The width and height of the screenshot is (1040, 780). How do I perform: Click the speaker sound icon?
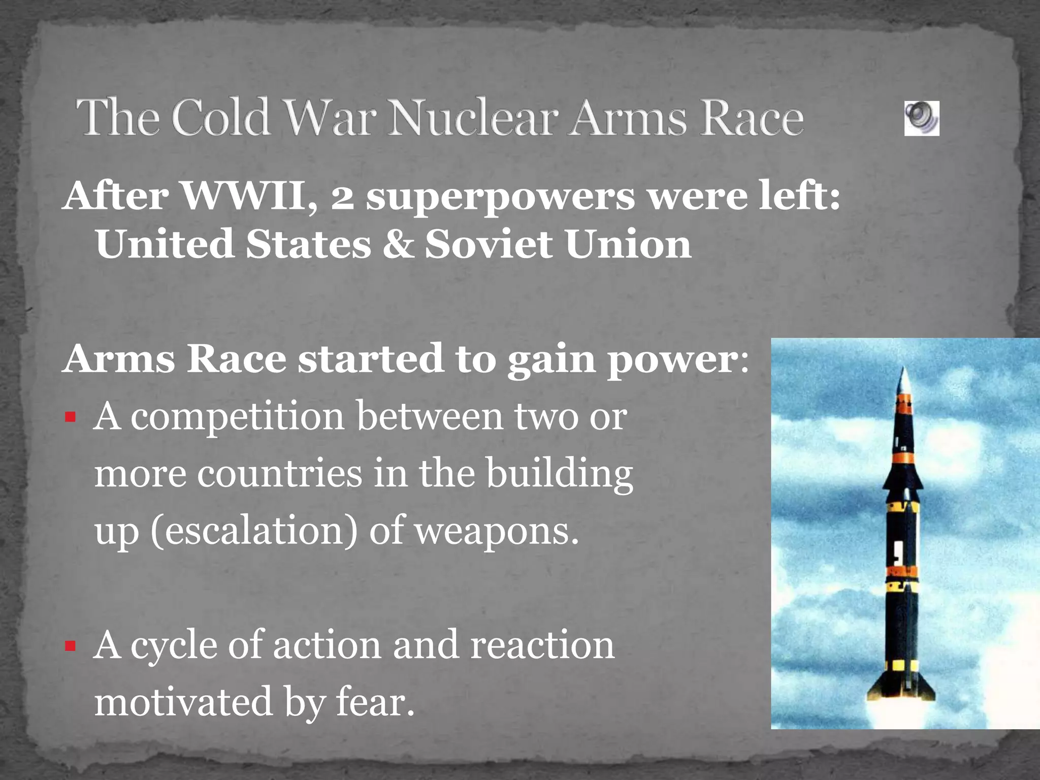921,118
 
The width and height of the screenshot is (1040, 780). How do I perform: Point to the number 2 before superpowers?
343,198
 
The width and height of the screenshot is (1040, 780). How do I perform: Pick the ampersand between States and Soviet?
398,244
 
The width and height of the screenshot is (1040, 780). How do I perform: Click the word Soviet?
488,244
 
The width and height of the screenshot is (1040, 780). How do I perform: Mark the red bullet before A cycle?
70,646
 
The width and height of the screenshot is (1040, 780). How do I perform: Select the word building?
559,474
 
